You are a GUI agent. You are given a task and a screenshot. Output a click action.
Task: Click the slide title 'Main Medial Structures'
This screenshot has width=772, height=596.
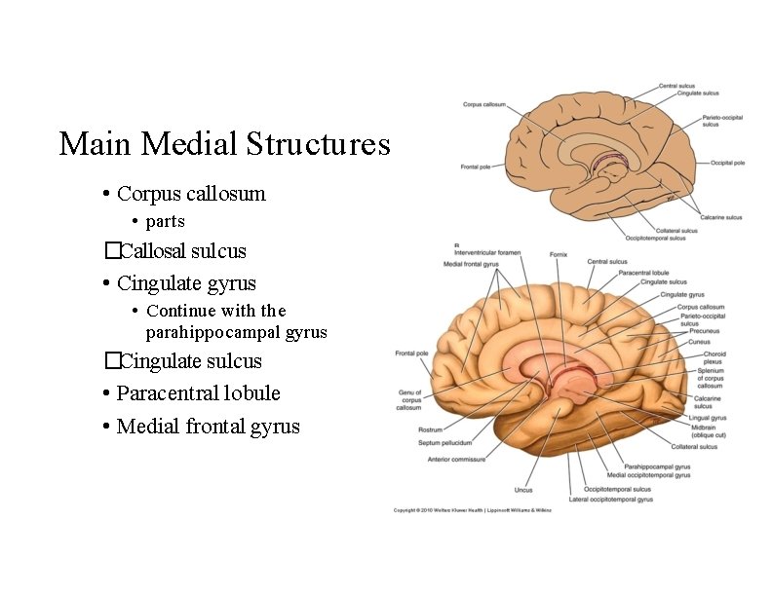[x=224, y=144]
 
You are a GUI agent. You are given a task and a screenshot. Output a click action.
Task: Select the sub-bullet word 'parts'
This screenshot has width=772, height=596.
[x=165, y=221]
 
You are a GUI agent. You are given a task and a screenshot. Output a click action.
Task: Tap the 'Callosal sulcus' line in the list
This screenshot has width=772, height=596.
[x=181, y=251]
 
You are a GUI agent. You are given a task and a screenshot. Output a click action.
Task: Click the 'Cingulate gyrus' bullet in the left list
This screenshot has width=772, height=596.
[x=185, y=283]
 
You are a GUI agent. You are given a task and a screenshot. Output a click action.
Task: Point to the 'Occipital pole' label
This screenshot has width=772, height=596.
[x=728, y=163]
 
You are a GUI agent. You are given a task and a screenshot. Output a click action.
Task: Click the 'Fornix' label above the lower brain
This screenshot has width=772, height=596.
[x=558, y=254]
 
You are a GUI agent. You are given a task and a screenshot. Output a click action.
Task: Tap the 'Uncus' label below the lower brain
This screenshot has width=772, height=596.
[x=523, y=489]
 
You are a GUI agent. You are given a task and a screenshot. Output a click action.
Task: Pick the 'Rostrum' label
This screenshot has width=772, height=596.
[x=430, y=429]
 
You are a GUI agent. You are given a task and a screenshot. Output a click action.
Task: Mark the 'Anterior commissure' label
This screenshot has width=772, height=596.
[x=456, y=459]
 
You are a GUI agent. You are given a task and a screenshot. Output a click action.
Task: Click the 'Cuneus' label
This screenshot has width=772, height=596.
[x=700, y=342]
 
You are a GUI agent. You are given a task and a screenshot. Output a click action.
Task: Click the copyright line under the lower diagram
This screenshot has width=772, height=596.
[x=472, y=509]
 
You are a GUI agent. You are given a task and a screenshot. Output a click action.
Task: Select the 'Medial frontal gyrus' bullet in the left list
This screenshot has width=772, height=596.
[x=207, y=427]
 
